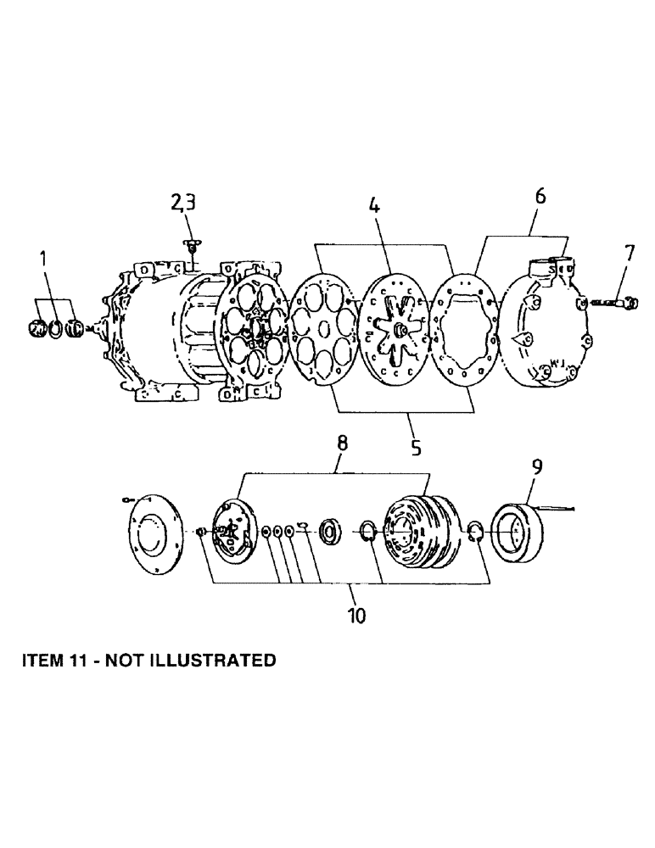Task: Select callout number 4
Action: click(x=373, y=205)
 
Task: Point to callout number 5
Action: click(x=416, y=448)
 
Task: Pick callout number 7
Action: click(x=628, y=253)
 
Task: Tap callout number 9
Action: click(x=538, y=467)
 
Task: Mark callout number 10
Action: click(x=356, y=615)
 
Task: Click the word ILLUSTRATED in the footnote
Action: click(x=211, y=660)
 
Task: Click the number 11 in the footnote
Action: click(x=72, y=660)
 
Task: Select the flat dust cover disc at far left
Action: click(x=154, y=532)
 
